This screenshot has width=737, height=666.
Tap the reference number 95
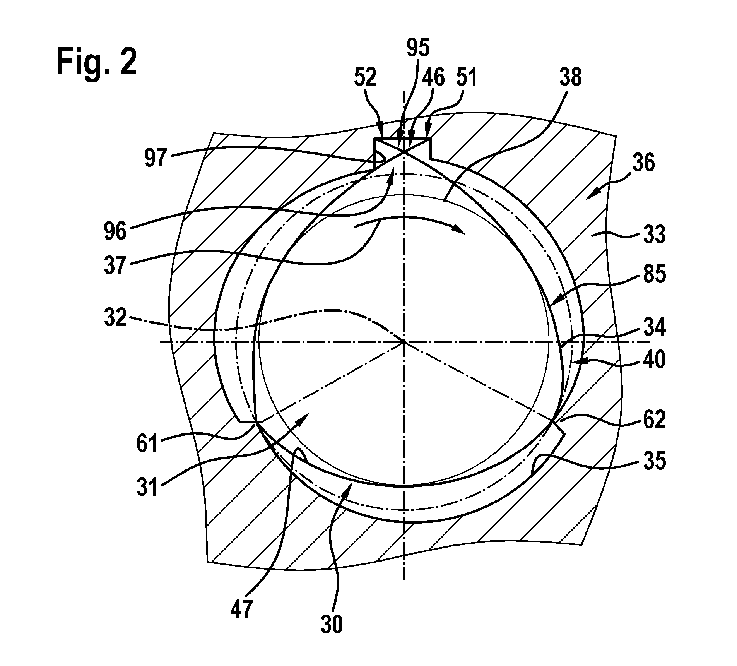(x=418, y=48)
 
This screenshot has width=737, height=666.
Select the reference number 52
(x=365, y=78)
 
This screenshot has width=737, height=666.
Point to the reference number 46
(x=433, y=78)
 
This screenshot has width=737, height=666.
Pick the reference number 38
(x=570, y=77)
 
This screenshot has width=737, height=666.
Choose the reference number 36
(x=643, y=163)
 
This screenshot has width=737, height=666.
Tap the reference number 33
(x=654, y=235)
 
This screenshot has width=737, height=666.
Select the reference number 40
(x=654, y=360)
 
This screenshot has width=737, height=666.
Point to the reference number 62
(x=654, y=419)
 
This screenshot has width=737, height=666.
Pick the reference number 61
(x=148, y=443)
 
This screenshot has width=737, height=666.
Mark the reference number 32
(x=116, y=318)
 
